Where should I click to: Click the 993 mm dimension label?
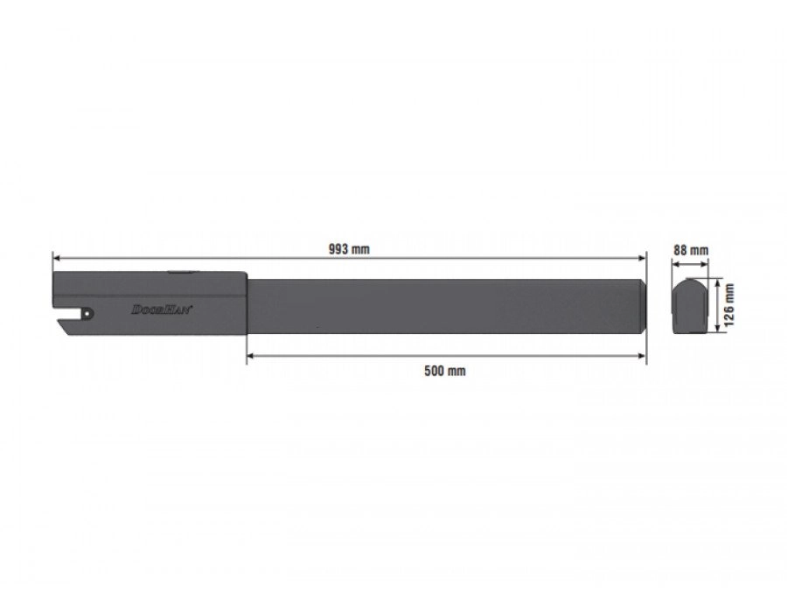pyautogui.click(x=349, y=249)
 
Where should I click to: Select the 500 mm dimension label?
pyautogui.click(x=445, y=371)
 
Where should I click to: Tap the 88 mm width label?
pyautogui.click(x=691, y=250)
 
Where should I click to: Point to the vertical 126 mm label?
pyautogui.click(x=729, y=304)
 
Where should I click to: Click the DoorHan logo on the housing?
pyautogui.click(x=162, y=309)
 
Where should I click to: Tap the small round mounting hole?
pyautogui.click(x=88, y=313)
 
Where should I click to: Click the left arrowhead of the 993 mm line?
pyautogui.click(x=56, y=258)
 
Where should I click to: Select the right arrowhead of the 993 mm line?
pyautogui.click(x=642, y=258)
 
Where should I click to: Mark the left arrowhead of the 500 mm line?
pyautogui.click(x=250, y=356)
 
